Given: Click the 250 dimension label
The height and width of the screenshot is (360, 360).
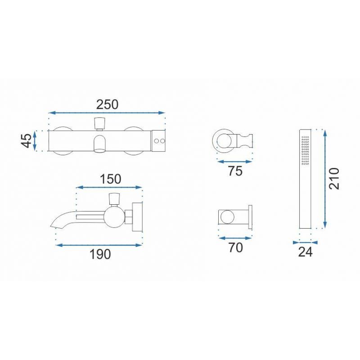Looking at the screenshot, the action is click(107, 104).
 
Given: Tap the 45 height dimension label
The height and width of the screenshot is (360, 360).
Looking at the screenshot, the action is click(27, 140).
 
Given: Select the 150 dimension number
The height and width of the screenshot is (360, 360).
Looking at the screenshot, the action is click(110, 179).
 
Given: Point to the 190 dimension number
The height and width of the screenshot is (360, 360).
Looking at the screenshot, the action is click(100, 254).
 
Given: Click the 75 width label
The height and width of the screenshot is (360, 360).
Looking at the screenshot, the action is click(235, 171).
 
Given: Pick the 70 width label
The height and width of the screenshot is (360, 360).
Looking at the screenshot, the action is click(235, 247).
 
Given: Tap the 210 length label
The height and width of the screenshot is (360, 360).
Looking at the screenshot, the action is click(334, 179).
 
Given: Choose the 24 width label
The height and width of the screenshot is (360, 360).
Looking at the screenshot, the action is click(306, 252).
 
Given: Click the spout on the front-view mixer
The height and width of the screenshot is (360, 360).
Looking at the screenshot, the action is click(99, 144).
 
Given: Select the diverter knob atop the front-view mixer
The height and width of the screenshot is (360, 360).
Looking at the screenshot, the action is click(99, 123).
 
